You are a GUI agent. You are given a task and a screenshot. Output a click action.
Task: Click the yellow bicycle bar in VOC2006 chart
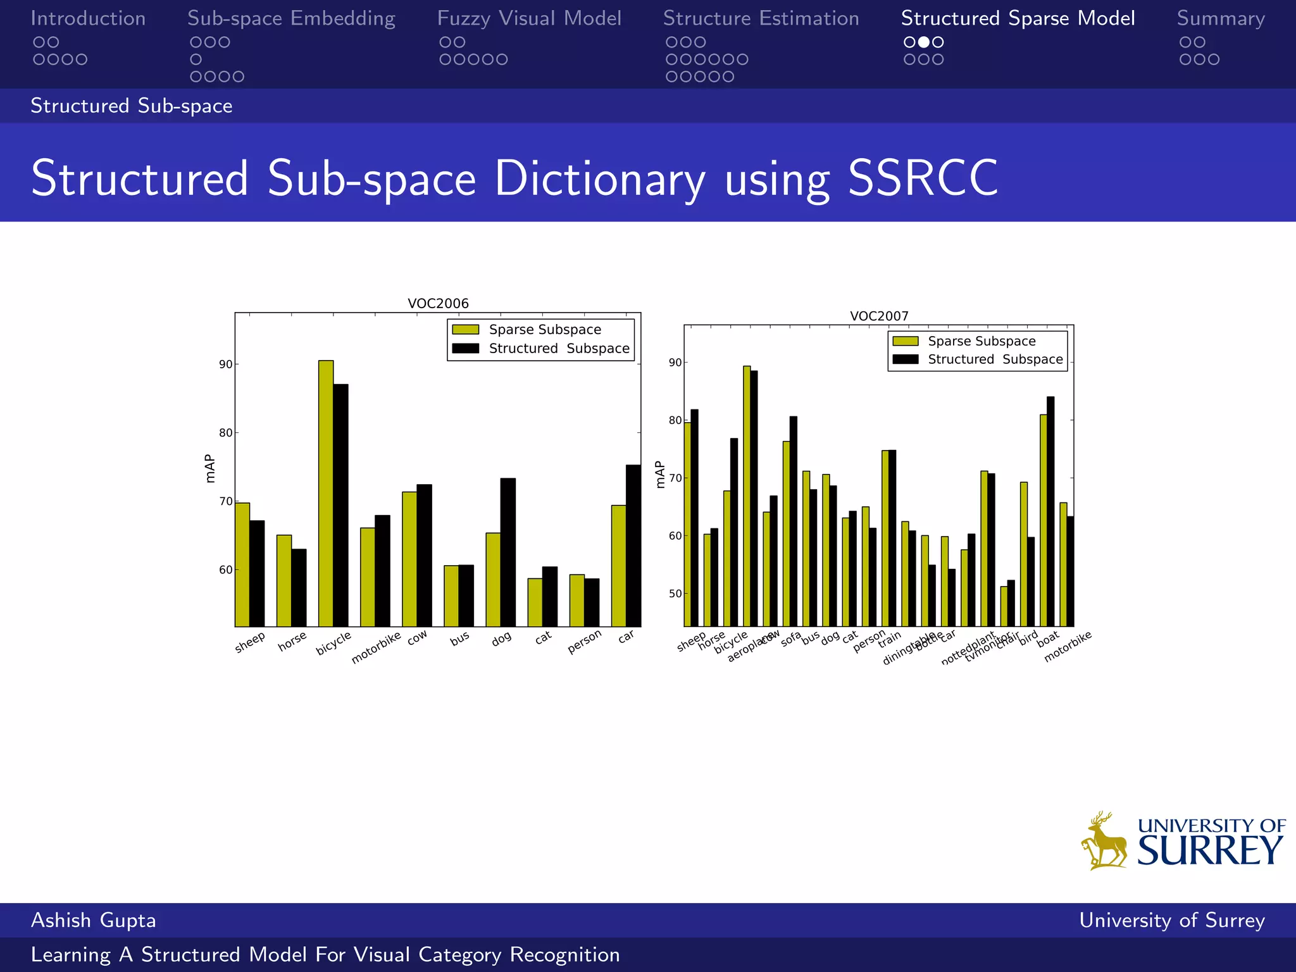click(326, 494)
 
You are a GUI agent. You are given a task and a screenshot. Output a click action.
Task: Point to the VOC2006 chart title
click(438, 303)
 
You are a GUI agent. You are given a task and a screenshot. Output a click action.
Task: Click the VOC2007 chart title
click(879, 316)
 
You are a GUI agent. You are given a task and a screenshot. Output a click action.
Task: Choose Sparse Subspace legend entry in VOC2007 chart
click(981, 341)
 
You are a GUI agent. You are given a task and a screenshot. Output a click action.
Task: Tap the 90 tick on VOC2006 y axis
click(225, 364)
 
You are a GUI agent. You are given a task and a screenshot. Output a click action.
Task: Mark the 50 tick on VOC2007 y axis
click(675, 594)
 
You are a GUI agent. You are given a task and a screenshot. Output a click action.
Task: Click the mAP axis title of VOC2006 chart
click(210, 469)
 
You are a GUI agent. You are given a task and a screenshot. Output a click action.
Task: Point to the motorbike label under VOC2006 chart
click(376, 647)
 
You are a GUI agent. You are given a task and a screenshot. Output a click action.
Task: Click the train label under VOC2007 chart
click(889, 640)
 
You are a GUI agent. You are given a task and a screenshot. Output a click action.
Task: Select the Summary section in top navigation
click(1221, 18)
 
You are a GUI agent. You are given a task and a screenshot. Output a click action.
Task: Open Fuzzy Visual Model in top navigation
click(529, 18)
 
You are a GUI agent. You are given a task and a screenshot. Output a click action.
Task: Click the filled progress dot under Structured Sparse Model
click(924, 42)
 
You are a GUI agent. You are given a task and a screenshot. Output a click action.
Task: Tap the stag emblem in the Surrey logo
click(1104, 842)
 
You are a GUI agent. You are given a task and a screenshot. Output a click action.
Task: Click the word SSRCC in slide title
click(923, 178)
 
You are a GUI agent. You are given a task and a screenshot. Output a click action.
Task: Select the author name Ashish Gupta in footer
click(94, 920)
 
